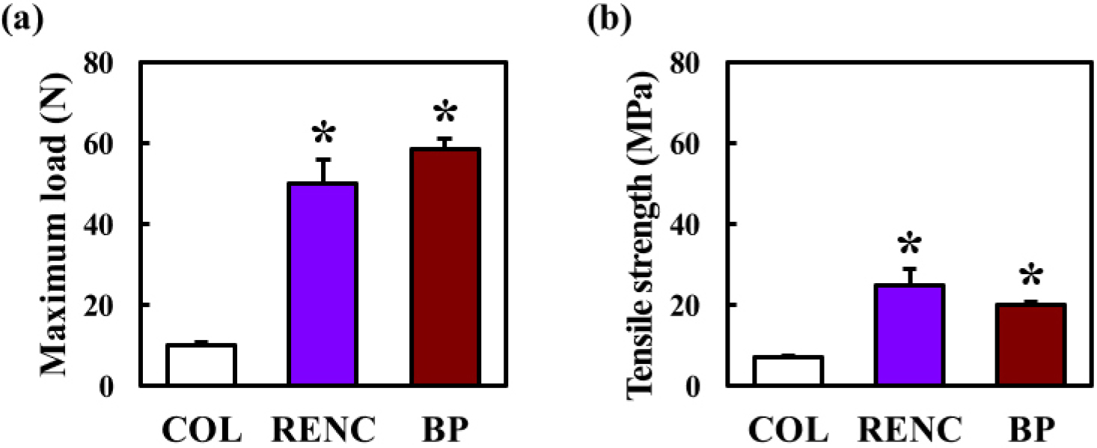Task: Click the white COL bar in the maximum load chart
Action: [x=201, y=365]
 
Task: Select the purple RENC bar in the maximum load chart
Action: [x=323, y=284]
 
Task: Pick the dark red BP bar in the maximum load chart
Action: [x=444, y=267]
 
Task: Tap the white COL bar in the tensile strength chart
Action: [x=788, y=371]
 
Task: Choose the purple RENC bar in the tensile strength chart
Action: [x=909, y=336]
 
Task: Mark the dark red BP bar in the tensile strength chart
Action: [x=1031, y=345]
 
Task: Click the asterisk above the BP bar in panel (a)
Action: [x=445, y=112]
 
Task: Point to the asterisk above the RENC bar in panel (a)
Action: [x=324, y=133]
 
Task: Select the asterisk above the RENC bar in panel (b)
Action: [x=910, y=243]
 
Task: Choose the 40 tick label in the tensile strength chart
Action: [x=684, y=225]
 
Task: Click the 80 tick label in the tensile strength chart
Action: [x=684, y=63]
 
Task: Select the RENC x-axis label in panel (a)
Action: [x=323, y=429]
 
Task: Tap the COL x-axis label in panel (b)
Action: [x=788, y=429]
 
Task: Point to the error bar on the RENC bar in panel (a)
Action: [x=323, y=171]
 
